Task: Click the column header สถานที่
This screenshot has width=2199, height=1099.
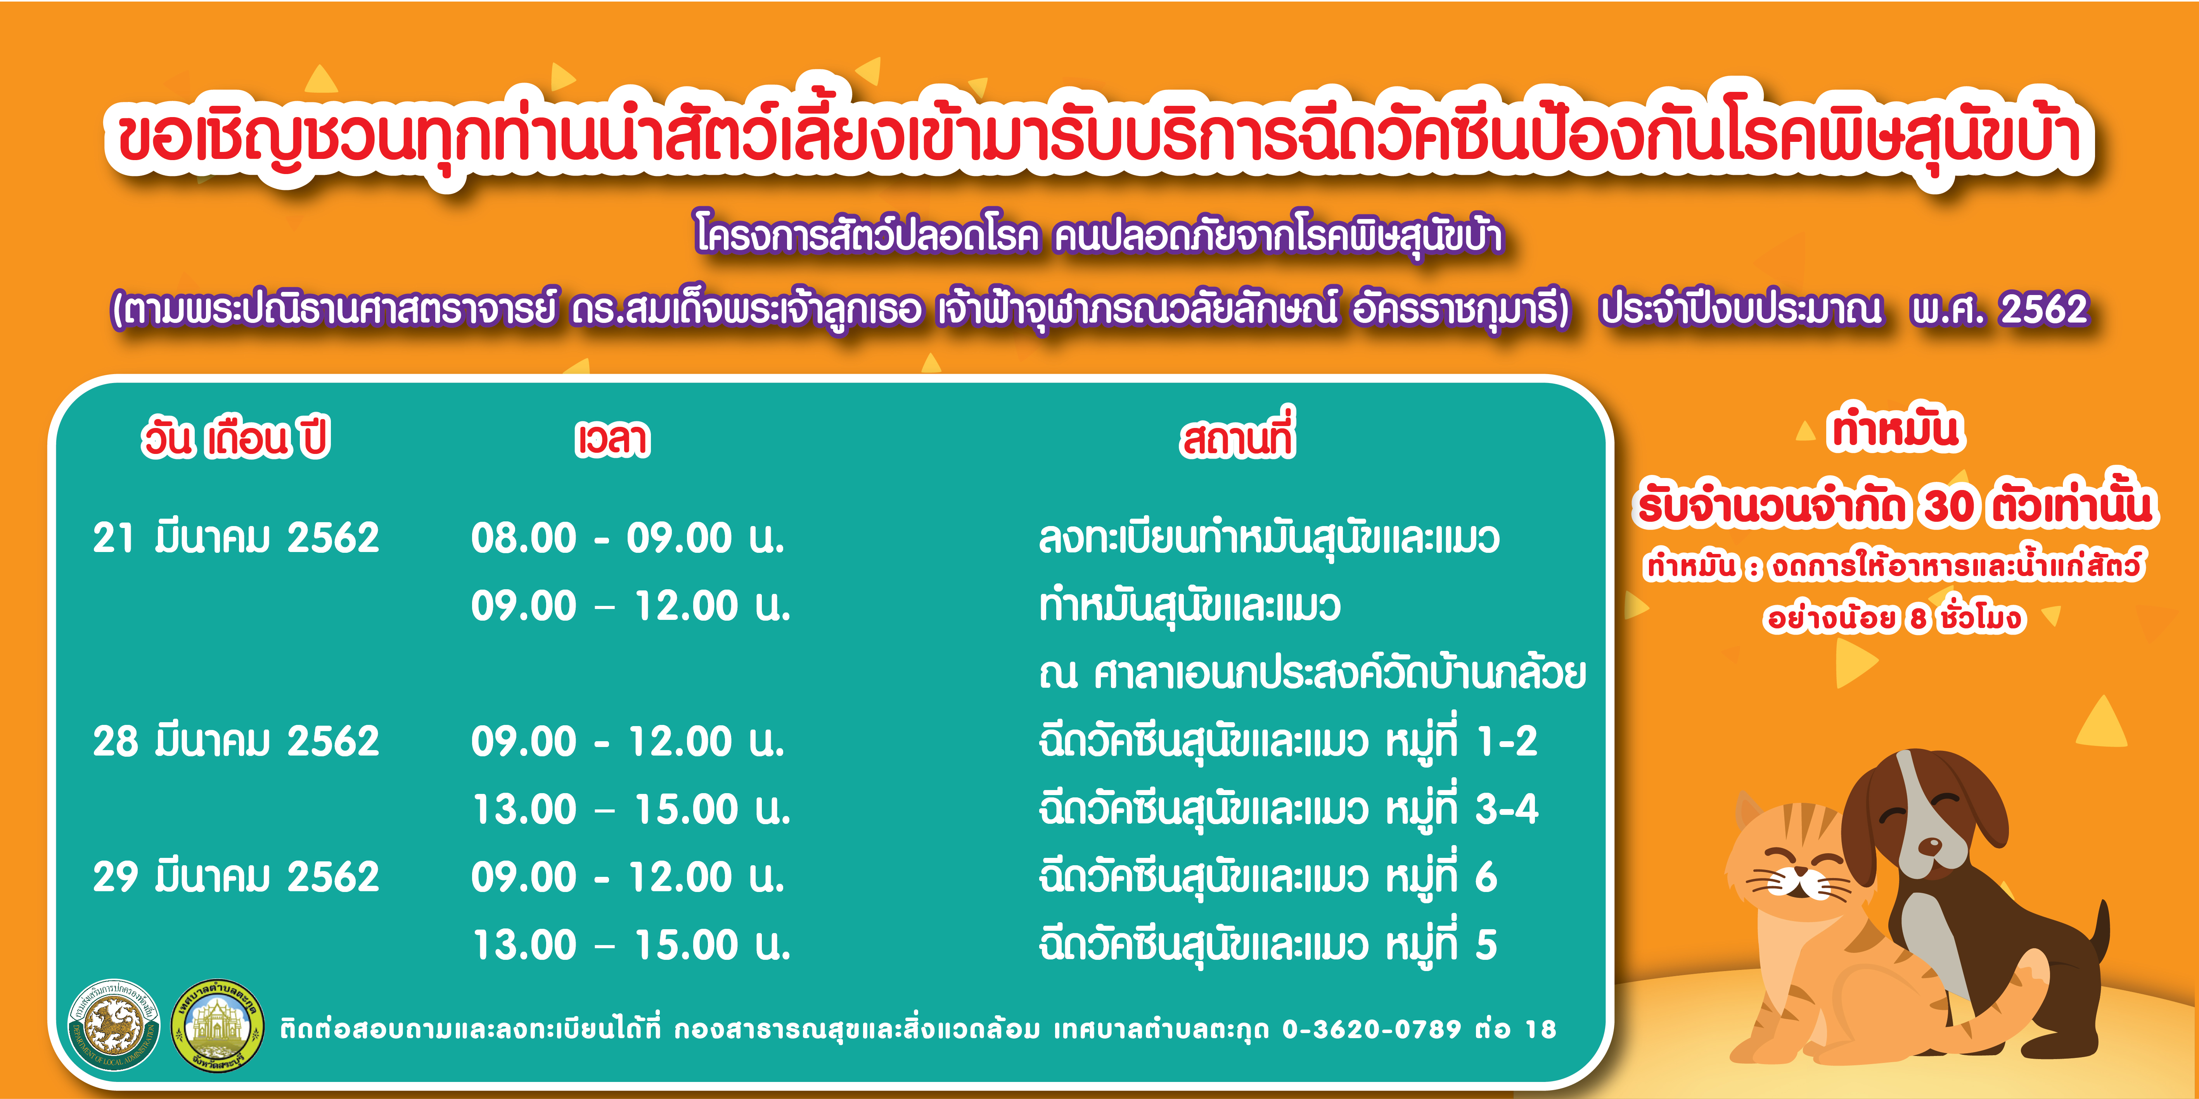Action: point(1238,435)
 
